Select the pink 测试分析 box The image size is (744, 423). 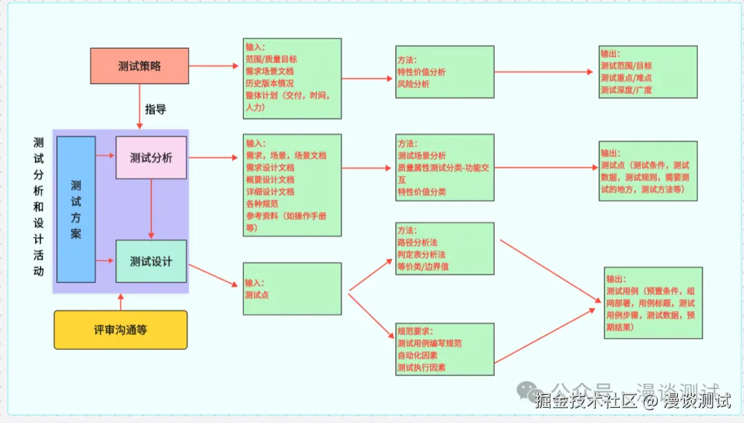tap(151, 158)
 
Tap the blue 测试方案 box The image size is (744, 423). tap(76, 209)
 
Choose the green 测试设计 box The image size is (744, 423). tap(151, 261)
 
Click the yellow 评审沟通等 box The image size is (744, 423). tap(121, 329)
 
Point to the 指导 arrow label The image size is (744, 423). tap(155, 109)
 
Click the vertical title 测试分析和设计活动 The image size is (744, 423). tap(39, 207)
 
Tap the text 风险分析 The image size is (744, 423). tap(413, 84)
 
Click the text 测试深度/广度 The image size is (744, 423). tap(626, 90)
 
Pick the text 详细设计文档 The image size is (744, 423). tap(270, 192)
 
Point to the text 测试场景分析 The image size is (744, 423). tap(422, 156)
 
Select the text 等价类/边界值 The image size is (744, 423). tap(423, 267)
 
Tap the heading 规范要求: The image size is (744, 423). tap(415, 331)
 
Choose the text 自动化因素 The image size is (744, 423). tap(417, 355)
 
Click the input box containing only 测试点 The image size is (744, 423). tap(292, 289)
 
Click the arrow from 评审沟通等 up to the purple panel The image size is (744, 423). tap(121, 302)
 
